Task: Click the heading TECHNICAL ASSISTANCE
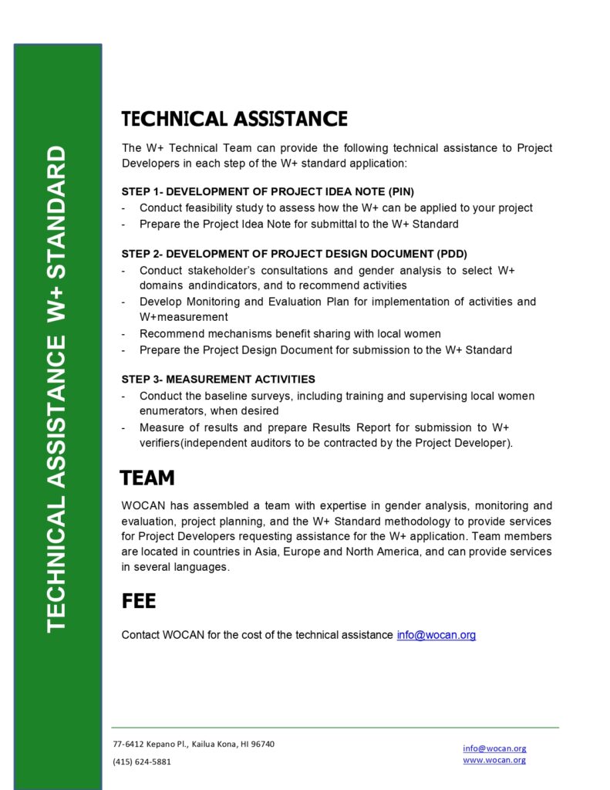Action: pyautogui.click(x=234, y=119)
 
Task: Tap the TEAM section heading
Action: pyautogui.click(x=147, y=478)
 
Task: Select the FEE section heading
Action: pyautogui.click(x=139, y=600)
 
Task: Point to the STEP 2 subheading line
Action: pyautogui.click(x=294, y=253)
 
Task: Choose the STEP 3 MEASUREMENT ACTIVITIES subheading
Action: pyautogui.click(x=218, y=379)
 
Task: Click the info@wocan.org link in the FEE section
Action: pyautogui.click(x=436, y=635)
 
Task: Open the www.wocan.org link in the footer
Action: pyautogui.click(x=494, y=760)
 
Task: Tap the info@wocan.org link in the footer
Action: pyautogui.click(x=494, y=748)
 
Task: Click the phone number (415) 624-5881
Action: pyautogui.click(x=142, y=761)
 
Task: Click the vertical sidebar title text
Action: pyautogui.click(x=57, y=390)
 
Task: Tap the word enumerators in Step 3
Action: pyautogui.click(x=173, y=411)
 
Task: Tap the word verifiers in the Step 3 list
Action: pyautogui.click(x=163, y=443)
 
